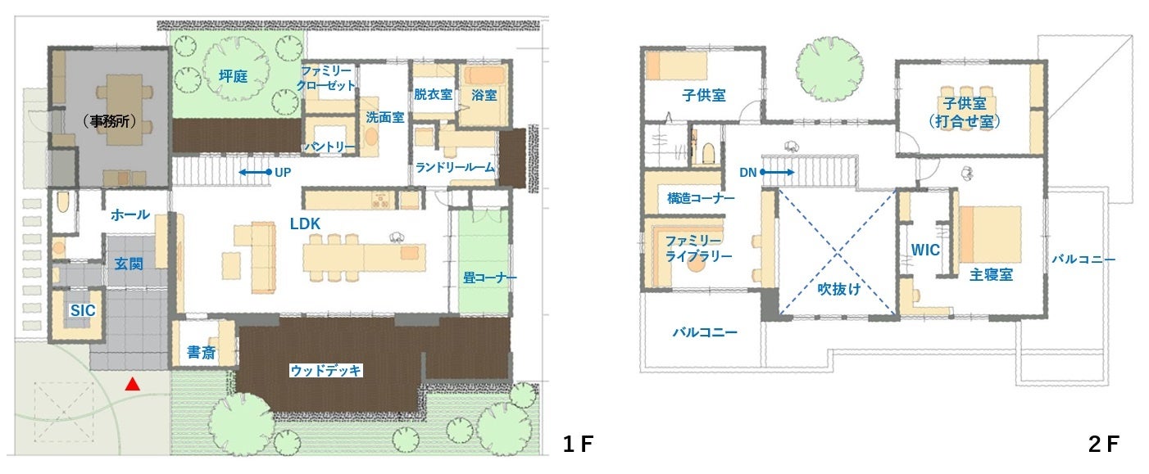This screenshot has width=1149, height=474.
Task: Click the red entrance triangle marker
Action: pos(133,384)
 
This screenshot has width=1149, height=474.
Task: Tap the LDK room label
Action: pos(305,224)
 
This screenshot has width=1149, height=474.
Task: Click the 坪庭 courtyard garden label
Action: pos(234,77)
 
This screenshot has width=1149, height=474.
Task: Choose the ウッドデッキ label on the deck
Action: pos(325,371)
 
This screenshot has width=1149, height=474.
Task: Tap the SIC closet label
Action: pos(83,310)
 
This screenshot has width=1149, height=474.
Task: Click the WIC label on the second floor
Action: pos(925,250)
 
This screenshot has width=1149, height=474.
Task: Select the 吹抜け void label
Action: pos(839,290)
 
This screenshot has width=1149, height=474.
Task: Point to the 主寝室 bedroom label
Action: pos(991,275)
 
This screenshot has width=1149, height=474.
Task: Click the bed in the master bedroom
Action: pos(991,234)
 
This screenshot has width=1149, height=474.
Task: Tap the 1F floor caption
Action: pos(578,445)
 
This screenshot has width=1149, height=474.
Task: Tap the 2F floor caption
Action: pos(1104,445)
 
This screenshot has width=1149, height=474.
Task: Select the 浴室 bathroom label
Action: pos(484,95)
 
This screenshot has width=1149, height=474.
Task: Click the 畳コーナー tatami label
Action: pos(490,278)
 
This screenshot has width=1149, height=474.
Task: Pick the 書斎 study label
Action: pos(201,353)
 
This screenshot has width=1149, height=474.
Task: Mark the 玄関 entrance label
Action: pos(128,264)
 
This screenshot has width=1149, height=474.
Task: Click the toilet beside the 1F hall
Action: pos(62,203)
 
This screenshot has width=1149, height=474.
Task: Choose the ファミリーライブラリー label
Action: pos(698,249)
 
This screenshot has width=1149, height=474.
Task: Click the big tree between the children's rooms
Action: pos(829,70)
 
